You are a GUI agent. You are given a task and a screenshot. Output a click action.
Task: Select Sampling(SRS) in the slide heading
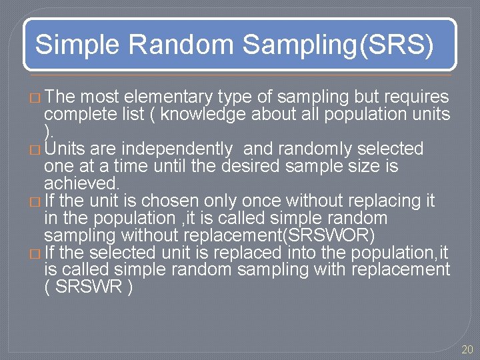click(338, 45)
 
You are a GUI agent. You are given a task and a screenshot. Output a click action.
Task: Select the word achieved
click(81, 183)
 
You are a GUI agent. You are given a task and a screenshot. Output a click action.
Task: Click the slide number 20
click(467, 349)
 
